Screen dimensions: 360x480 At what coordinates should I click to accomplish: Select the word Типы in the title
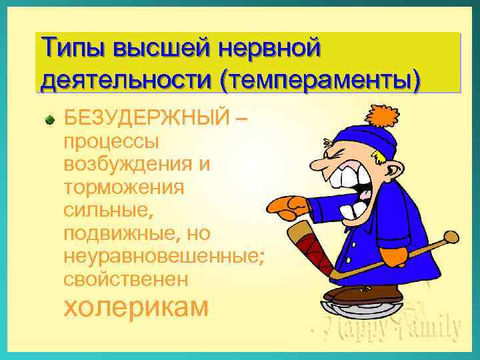[x=73, y=50]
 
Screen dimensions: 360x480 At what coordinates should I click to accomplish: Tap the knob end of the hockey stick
[x=451, y=237]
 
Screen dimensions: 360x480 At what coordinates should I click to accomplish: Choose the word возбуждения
[x=132, y=165]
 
